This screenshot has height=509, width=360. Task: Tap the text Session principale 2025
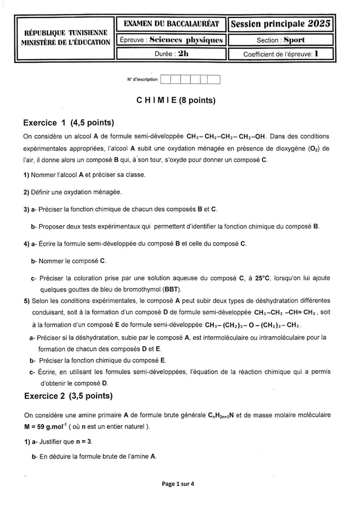pyautogui.click(x=281, y=23)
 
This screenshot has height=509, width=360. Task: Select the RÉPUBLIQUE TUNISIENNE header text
pyautogui.click(x=66, y=33)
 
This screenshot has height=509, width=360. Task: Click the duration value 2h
pyautogui.click(x=183, y=54)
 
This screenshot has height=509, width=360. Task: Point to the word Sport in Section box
pyautogui.click(x=294, y=40)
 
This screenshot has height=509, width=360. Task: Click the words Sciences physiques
pyautogui.click(x=186, y=40)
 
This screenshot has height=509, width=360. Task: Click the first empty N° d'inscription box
pyautogui.click(x=165, y=80)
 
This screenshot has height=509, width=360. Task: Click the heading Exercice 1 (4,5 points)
pyautogui.click(x=69, y=123)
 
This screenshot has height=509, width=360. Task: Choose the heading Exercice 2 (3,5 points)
pyautogui.click(x=68, y=396)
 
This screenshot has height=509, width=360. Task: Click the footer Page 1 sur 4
pyautogui.click(x=178, y=484)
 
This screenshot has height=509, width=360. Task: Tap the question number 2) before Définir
pyautogui.click(x=26, y=191)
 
